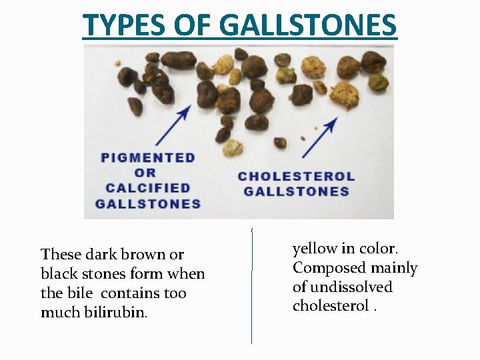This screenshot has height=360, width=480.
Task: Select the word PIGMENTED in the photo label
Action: [x=148, y=158]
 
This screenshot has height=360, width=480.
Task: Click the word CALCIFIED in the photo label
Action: [x=148, y=188]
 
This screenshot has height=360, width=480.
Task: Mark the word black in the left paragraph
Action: [x=59, y=273]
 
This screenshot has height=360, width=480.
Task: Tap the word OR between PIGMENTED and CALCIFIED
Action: [x=148, y=173]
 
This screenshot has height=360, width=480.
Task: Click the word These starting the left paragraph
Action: [x=61, y=254]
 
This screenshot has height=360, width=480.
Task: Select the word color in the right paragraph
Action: [x=379, y=249]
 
